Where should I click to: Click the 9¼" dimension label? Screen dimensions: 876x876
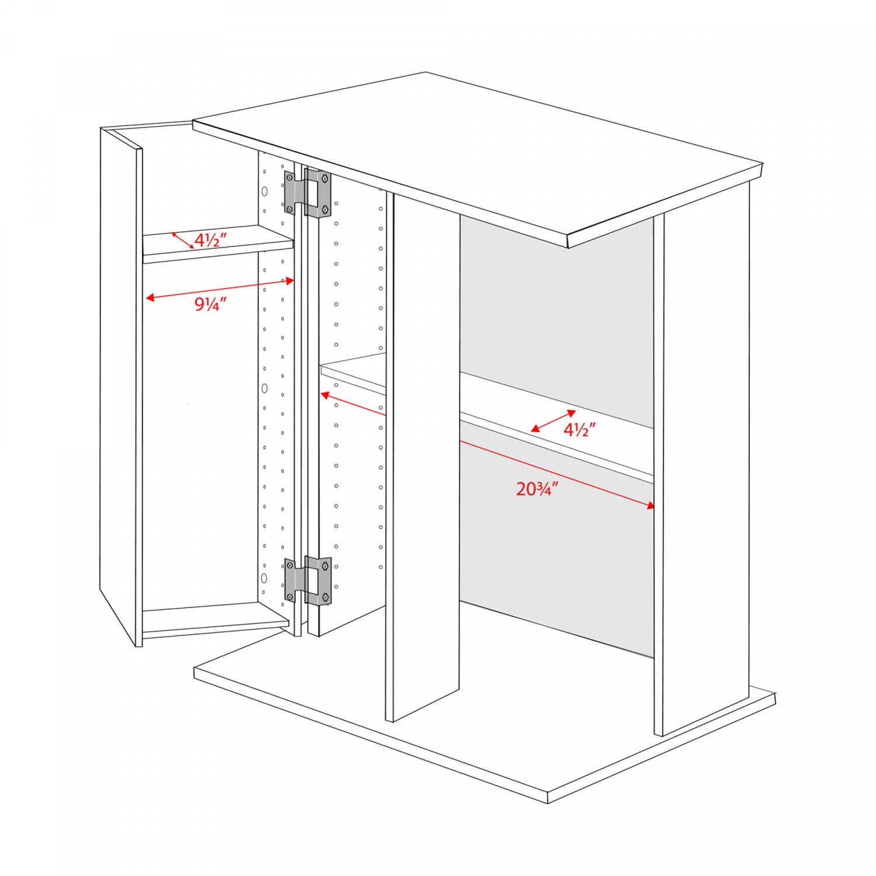210,304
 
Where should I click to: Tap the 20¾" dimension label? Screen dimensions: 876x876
537,488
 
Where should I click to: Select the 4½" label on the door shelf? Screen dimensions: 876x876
210,239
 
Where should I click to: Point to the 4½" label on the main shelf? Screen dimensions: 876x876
579,430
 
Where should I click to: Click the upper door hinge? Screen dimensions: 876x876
308,193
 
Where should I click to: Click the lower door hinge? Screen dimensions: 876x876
308,580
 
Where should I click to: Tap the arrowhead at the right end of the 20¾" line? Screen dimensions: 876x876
651,506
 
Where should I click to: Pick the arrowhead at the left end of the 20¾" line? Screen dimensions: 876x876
325,395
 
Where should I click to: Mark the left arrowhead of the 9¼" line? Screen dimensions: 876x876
150,298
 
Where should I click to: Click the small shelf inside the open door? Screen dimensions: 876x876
217,244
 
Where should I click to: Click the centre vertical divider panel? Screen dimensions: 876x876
423,456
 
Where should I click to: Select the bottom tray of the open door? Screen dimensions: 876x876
215,620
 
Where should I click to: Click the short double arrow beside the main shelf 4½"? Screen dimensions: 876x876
553,421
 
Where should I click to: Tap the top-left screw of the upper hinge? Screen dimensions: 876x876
290,176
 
